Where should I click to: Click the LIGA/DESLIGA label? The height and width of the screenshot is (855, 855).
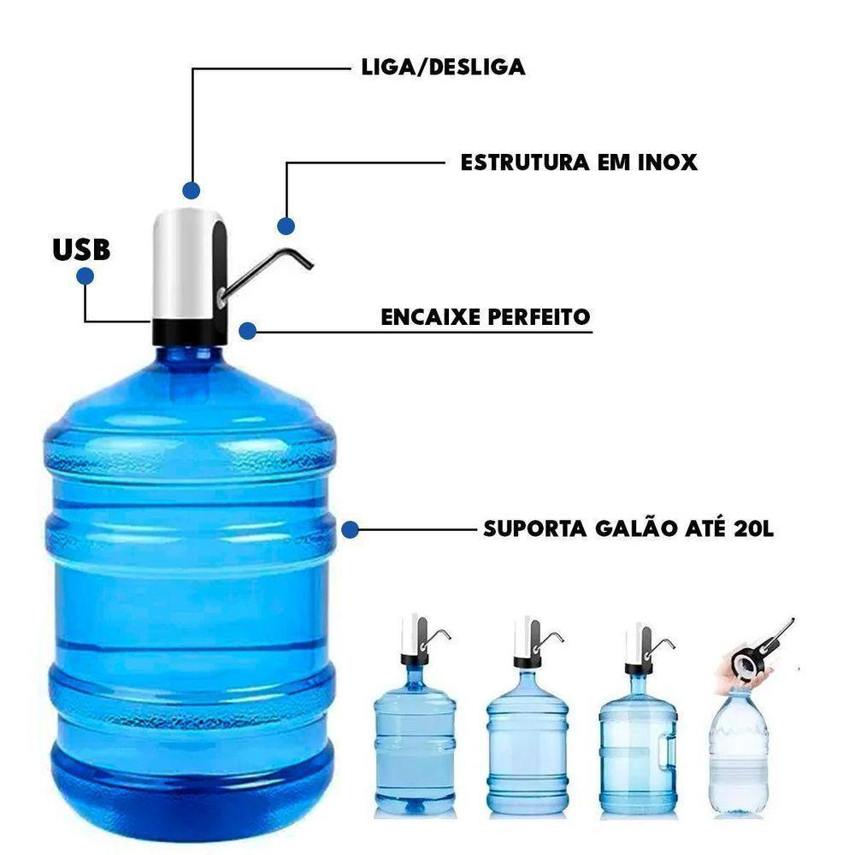443,68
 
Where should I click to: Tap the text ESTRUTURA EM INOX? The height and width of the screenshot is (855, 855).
579,162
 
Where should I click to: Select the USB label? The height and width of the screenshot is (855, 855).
81,249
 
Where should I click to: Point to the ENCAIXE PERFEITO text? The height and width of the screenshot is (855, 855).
486,317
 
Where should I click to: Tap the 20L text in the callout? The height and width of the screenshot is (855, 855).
753,528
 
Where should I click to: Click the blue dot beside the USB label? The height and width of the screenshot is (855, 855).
85,276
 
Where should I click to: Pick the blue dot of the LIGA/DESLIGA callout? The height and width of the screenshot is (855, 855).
192,190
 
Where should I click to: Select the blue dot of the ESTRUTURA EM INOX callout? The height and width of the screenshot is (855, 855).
286,226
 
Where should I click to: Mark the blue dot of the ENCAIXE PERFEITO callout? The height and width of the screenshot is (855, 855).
248,331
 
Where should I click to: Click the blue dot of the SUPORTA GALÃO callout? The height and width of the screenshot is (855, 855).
349,530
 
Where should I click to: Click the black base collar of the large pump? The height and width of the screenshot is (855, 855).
189,331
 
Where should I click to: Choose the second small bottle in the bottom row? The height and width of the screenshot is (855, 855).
527,740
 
